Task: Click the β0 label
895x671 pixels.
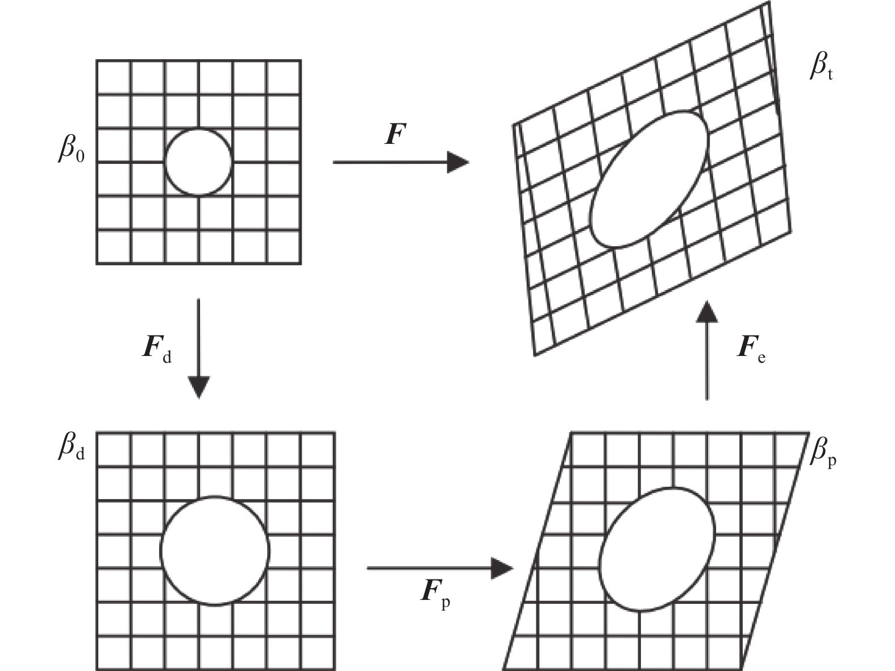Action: tap(72, 150)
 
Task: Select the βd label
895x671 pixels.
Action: tap(72, 447)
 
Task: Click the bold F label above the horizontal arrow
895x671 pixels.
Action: tap(396, 134)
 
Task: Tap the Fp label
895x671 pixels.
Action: tap(435, 595)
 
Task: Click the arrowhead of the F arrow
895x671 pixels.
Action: tap(458, 162)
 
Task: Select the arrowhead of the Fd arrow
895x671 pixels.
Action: tap(198, 387)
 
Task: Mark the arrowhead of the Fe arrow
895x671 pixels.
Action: tap(706, 312)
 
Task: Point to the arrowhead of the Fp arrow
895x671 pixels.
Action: tap(502, 568)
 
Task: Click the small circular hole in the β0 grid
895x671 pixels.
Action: tap(198, 162)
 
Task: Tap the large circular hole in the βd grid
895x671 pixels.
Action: tap(215, 551)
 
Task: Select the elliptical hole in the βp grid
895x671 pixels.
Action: tap(657, 549)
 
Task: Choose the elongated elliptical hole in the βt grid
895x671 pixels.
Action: tap(650, 179)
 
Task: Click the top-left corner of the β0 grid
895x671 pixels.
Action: tap(97, 60)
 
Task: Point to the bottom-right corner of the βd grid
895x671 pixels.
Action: tap(335, 669)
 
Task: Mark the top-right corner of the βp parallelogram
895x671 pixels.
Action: tap(809, 432)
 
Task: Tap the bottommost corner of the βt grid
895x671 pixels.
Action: tap(535, 356)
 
